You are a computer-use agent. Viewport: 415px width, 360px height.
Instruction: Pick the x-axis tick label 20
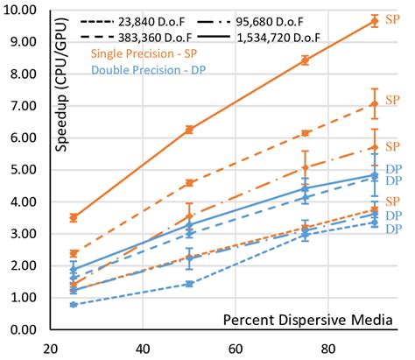click(x=50, y=347)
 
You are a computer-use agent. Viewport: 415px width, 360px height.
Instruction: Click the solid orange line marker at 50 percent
click(x=188, y=129)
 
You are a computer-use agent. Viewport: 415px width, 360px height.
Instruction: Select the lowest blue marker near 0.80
click(x=74, y=304)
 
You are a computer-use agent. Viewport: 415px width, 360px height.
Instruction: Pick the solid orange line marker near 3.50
click(x=74, y=217)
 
